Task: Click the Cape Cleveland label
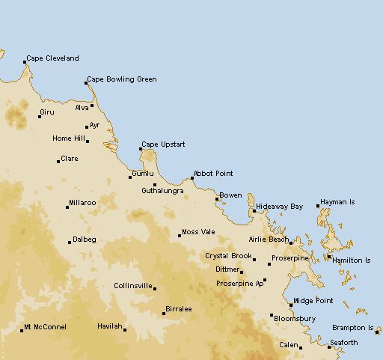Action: click(x=52, y=58)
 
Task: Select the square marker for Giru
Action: click(x=40, y=116)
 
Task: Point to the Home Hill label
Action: click(x=68, y=138)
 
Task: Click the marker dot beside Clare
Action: click(x=58, y=161)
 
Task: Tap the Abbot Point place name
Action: click(x=213, y=174)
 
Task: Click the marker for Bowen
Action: click(x=217, y=199)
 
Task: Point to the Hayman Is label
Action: click(x=337, y=203)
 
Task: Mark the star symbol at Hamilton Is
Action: click(x=329, y=257)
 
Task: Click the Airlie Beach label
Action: click(x=269, y=240)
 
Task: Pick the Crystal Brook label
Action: click(x=229, y=256)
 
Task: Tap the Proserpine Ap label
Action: click(x=239, y=284)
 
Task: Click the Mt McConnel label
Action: click(x=46, y=327)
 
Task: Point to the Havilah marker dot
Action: click(x=125, y=329)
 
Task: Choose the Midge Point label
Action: click(x=313, y=301)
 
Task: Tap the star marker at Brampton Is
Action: click(x=378, y=330)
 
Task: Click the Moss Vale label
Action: click(x=198, y=233)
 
